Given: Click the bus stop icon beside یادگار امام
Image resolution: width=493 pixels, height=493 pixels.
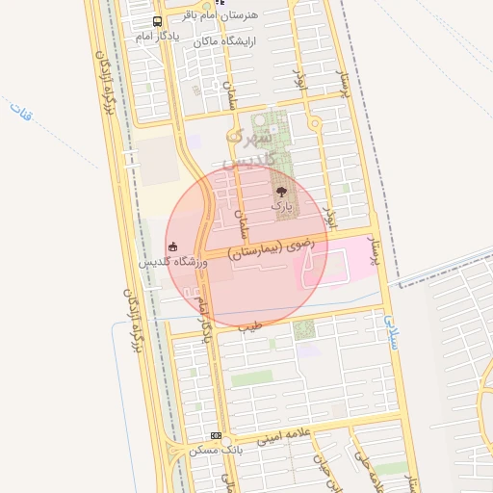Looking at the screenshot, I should (158, 21).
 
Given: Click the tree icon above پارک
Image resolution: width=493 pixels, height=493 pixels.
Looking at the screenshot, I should (281, 193).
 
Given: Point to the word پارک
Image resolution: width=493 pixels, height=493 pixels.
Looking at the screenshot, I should (280, 205).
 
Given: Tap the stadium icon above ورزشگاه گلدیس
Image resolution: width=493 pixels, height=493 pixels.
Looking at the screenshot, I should (172, 246).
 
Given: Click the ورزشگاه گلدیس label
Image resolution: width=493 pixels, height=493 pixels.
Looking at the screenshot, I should (174, 261).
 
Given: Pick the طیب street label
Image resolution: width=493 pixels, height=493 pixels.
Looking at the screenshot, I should (252, 326).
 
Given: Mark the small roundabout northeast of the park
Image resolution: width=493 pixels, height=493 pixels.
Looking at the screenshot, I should (314, 123).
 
